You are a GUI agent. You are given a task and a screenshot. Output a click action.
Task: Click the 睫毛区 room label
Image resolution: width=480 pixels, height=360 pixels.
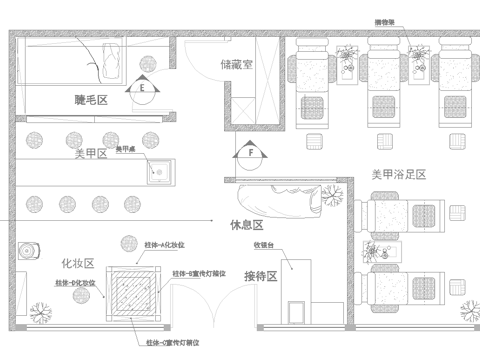click(x=91, y=100)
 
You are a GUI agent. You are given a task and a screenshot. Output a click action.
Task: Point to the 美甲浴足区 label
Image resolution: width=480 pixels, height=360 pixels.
click(x=398, y=174)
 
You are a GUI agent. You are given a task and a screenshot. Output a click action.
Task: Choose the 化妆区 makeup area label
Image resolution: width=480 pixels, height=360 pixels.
click(x=77, y=263)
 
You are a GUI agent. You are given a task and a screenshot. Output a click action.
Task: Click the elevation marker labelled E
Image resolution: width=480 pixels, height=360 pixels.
click(x=143, y=87)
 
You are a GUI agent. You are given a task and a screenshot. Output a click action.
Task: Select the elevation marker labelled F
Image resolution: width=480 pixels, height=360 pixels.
click(x=251, y=153)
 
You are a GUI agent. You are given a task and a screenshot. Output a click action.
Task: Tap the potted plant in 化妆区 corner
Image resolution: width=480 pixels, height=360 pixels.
click(x=41, y=312)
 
